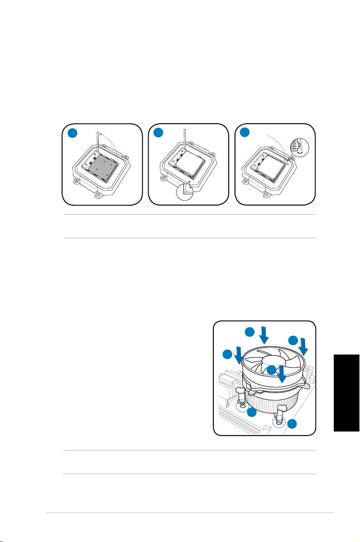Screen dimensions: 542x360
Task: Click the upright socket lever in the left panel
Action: (x=98, y=145)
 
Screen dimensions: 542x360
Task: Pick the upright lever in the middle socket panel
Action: (x=185, y=145)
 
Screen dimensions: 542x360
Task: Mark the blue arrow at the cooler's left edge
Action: (x=238, y=358)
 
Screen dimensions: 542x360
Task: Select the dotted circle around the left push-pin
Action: (x=243, y=408)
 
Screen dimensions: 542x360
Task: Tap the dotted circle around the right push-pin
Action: (x=279, y=422)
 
